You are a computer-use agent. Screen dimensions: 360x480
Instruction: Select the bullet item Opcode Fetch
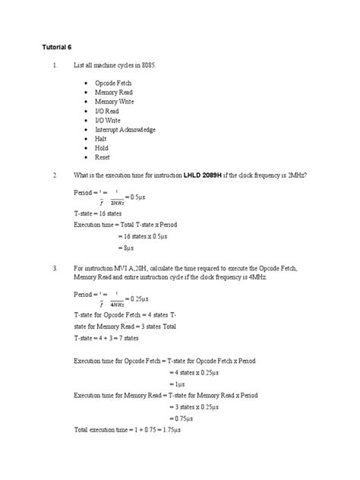113,81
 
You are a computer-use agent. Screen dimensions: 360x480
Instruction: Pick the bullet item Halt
102,139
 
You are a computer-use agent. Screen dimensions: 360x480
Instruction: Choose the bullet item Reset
103,158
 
